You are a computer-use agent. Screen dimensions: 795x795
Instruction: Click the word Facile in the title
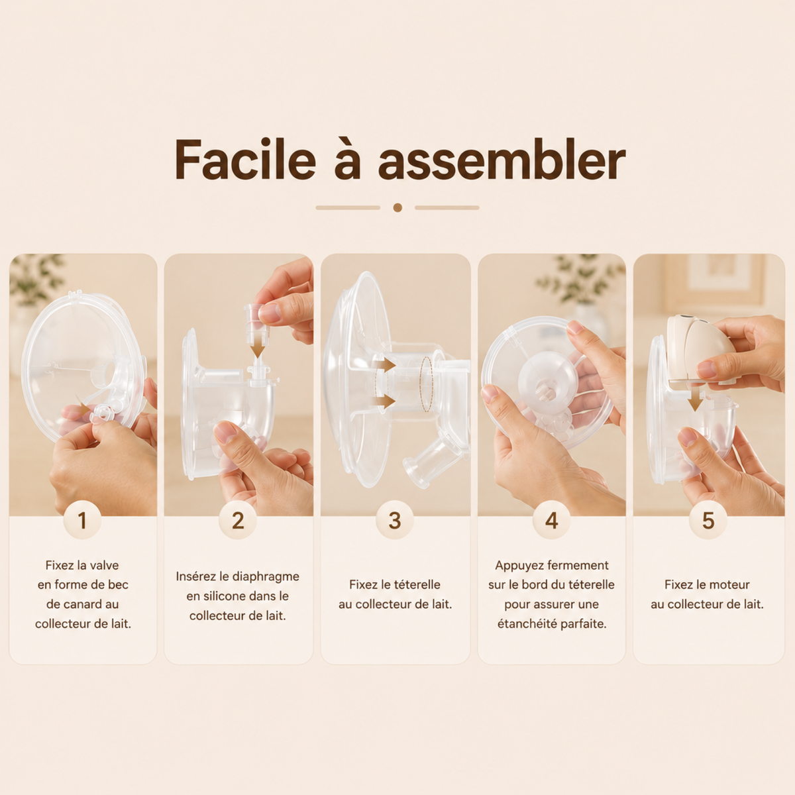(245, 159)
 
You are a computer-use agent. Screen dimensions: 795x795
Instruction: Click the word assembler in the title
(502, 160)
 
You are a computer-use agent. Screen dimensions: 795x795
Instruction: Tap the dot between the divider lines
(397, 207)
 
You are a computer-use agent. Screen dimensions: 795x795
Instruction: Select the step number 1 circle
(83, 520)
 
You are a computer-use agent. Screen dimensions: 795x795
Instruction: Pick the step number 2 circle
(238, 520)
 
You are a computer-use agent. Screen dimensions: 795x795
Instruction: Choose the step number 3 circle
(395, 520)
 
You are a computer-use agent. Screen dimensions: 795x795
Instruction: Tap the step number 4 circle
(552, 520)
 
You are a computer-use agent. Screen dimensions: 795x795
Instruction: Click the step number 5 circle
(708, 520)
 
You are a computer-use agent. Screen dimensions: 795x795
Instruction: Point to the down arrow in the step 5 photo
(695, 397)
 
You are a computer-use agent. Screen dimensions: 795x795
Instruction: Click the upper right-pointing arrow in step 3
(385, 364)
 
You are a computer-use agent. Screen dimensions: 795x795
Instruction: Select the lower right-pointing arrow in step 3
(385, 401)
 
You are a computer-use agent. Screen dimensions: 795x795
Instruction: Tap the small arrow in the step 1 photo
(85, 409)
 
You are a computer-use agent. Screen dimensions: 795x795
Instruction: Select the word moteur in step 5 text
(727, 584)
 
